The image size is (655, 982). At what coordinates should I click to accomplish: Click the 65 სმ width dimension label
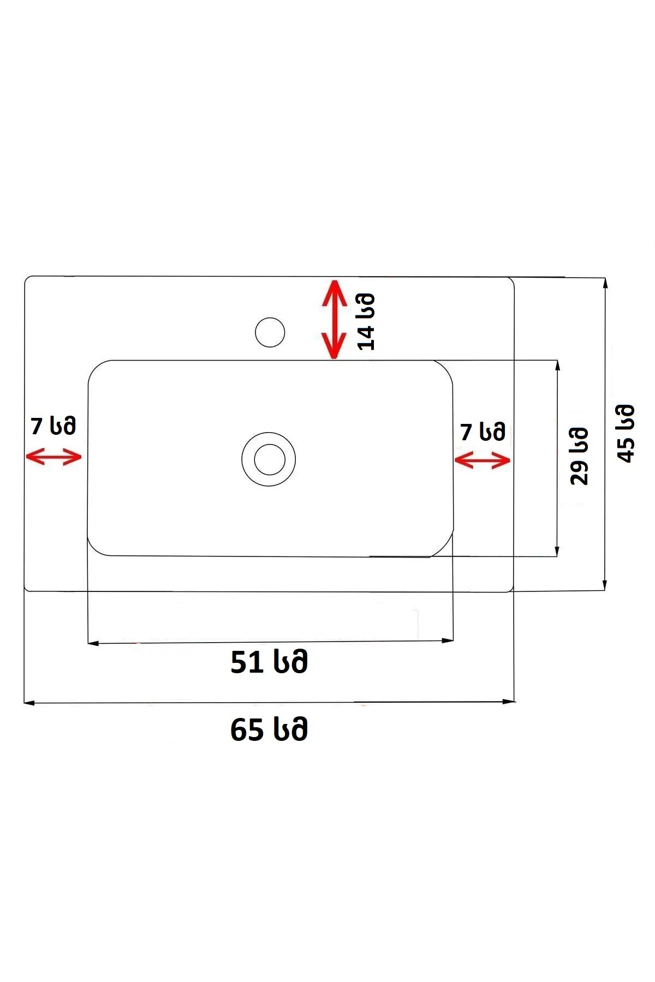pos(269,729)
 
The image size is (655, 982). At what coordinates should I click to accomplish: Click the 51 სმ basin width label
pos(269,662)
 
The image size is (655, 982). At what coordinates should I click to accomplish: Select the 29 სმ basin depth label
pos(579,456)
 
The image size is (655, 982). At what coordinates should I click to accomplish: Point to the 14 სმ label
pos(366,321)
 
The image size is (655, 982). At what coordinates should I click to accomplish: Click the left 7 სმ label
pos(53,426)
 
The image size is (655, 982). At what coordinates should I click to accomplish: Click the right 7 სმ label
pos(483,432)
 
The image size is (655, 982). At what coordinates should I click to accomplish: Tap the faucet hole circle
pos(270,332)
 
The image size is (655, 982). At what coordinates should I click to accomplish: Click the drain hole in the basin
pos(269,459)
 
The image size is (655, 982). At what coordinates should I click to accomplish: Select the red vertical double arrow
pos(334,319)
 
